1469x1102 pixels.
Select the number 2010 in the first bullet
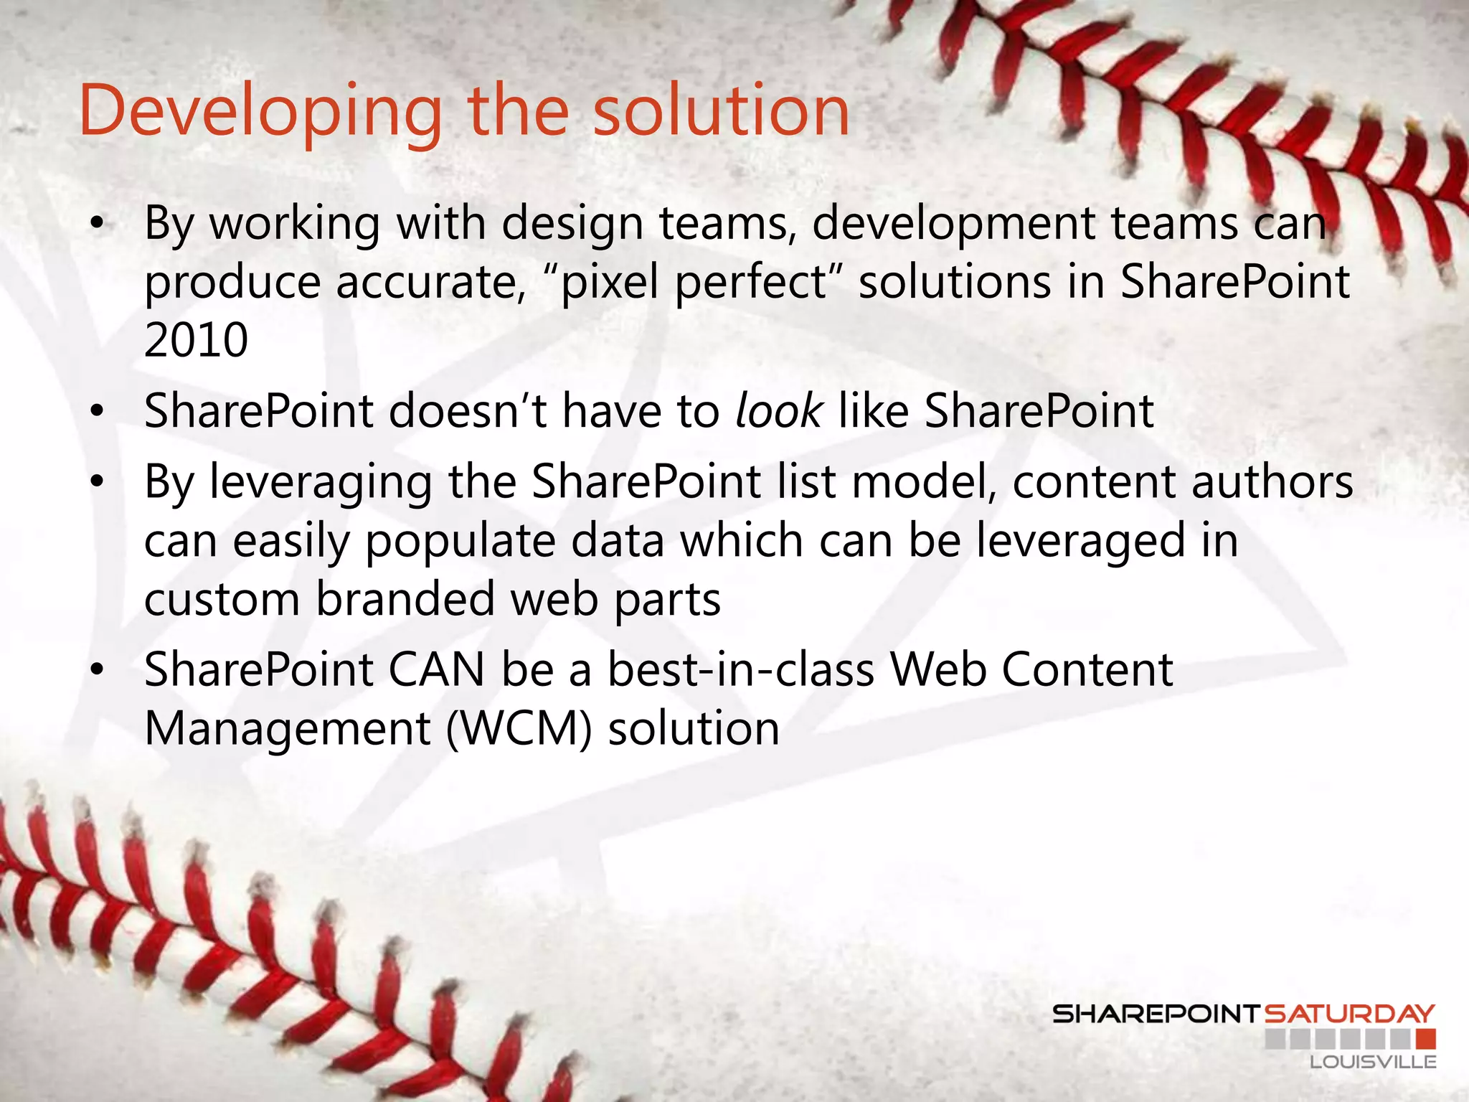(196, 339)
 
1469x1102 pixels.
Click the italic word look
(779, 411)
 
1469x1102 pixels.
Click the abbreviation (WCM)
(519, 728)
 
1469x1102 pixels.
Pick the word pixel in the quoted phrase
(609, 281)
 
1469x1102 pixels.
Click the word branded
(405, 599)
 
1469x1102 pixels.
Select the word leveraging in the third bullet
(321, 481)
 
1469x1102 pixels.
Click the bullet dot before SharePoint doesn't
(98, 412)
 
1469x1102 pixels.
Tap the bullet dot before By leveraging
(98, 482)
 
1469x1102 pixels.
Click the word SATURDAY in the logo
(1348, 1014)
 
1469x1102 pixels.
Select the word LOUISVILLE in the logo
(1373, 1062)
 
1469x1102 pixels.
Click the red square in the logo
(1426, 1039)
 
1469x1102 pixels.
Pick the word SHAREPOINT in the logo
(1156, 1014)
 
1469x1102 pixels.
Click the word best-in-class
(741, 669)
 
